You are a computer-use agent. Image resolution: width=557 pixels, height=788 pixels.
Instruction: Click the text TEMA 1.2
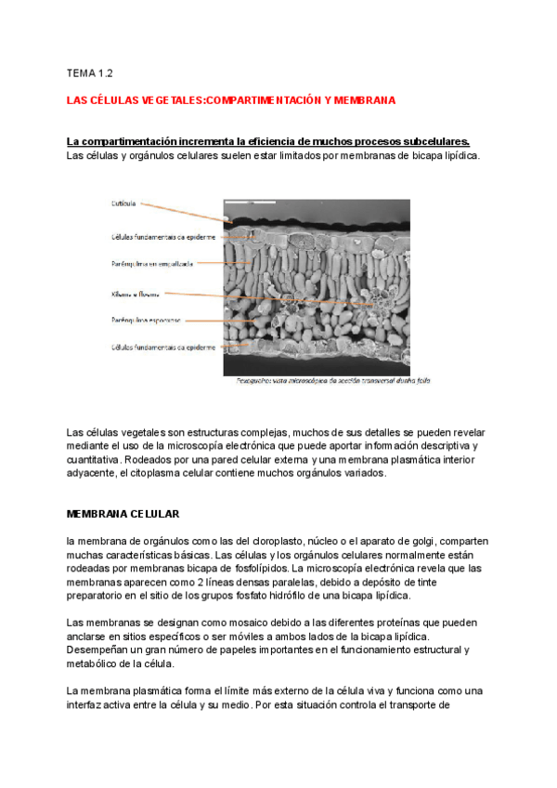pyautogui.click(x=89, y=72)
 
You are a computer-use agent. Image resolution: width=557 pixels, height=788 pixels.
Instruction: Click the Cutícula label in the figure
pyautogui.click(x=123, y=203)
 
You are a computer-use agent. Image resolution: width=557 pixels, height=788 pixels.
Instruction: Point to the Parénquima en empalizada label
pyautogui.click(x=152, y=264)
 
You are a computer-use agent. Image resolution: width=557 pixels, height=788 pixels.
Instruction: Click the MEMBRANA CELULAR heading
pyautogui.click(x=123, y=514)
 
